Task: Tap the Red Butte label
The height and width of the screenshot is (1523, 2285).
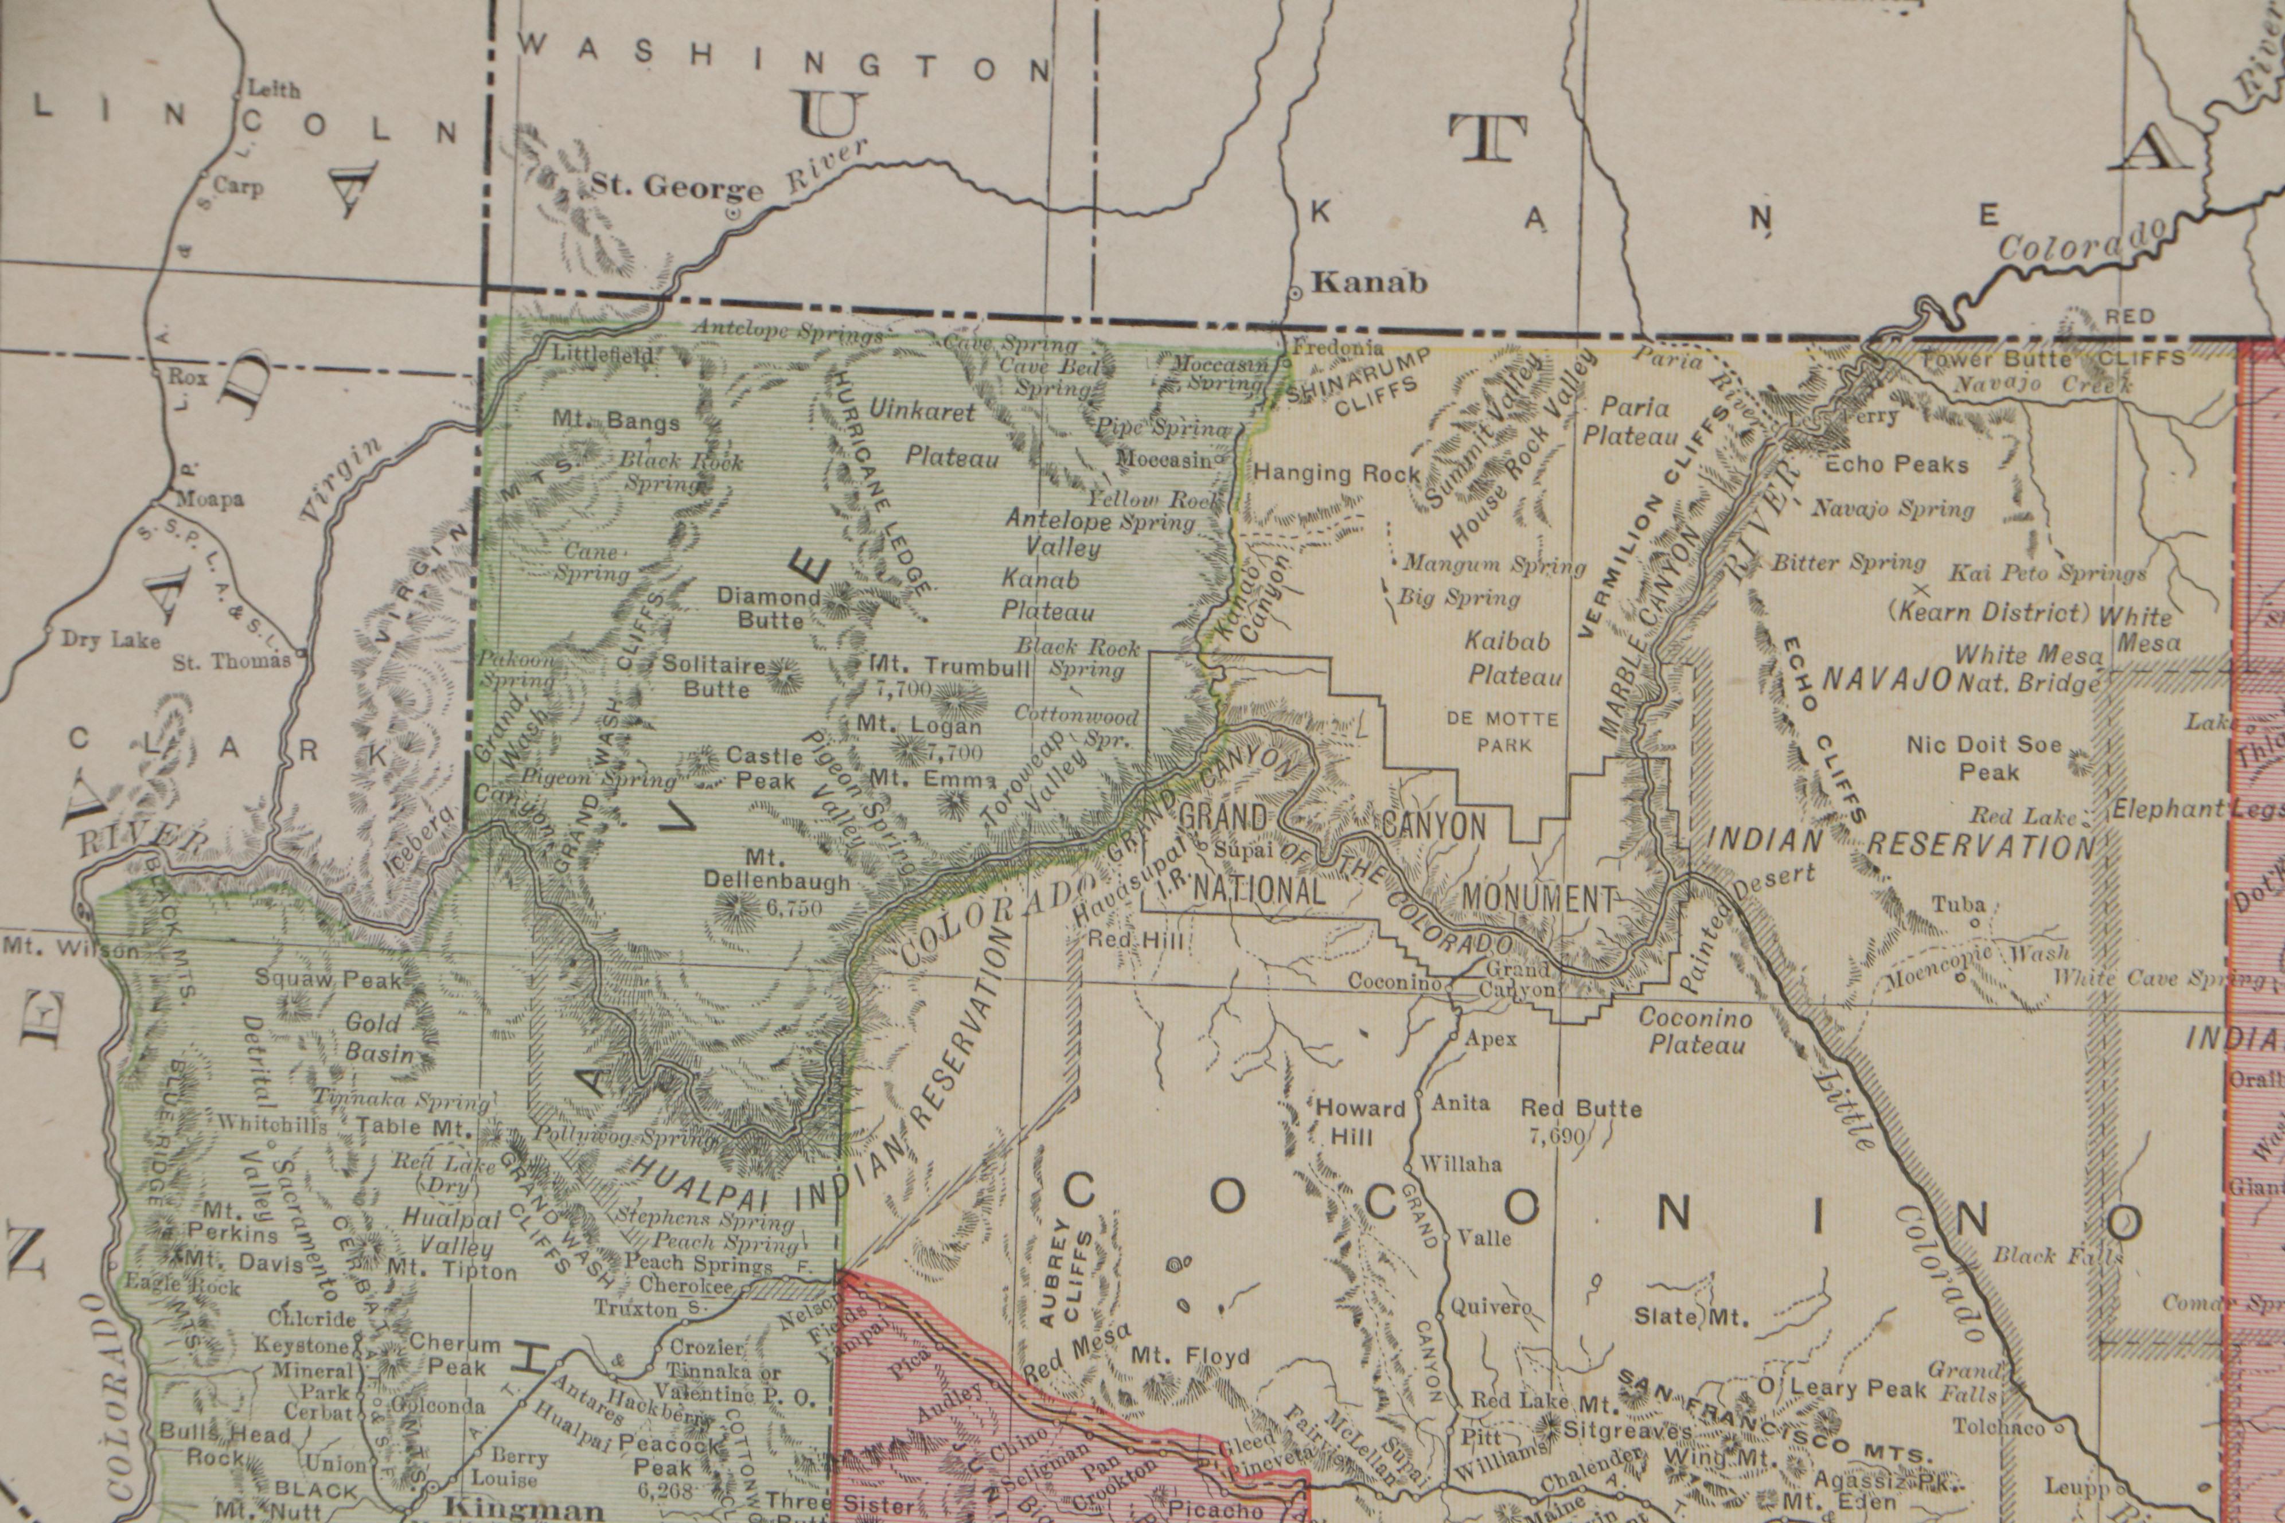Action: tap(1581, 1108)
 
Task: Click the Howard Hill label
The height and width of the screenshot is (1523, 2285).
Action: tap(1359, 1121)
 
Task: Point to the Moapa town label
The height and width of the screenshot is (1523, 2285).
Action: tap(209, 500)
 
